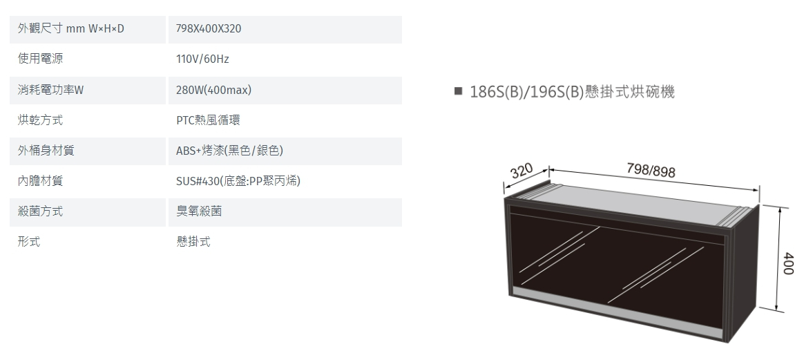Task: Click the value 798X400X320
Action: coord(208,29)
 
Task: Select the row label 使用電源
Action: coord(40,59)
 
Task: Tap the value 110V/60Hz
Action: coord(202,59)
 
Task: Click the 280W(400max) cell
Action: coord(214,91)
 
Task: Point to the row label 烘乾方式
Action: coord(40,120)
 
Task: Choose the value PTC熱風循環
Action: coord(208,120)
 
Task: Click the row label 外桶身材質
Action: coord(46,150)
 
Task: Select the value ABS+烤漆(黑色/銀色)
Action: coord(230,150)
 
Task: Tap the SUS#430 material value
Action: coord(238,181)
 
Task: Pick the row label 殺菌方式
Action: coord(40,211)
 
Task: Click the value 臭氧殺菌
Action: coord(199,211)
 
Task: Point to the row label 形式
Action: coord(29,242)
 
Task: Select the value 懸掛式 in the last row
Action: coord(193,242)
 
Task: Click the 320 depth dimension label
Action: coord(522,170)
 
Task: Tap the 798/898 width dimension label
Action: coord(651,170)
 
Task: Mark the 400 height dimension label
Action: coord(789,263)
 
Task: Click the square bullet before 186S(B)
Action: coord(459,91)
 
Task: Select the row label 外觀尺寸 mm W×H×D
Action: coord(70,29)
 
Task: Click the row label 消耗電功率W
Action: coord(50,91)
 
